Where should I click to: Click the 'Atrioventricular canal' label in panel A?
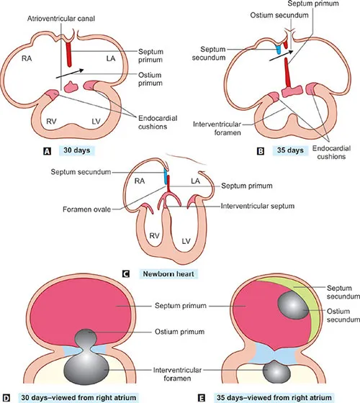58,16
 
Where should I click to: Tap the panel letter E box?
189,396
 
